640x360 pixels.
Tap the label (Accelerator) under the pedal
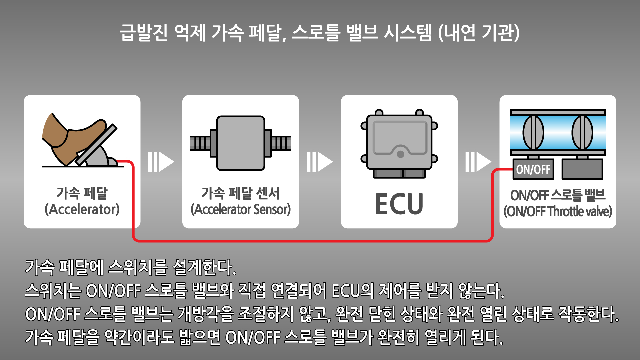[82, 209]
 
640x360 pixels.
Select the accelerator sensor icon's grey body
[240, 143]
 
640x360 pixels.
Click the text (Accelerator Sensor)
[240, 209]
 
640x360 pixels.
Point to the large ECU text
[399, 204]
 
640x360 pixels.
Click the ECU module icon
[399, 143]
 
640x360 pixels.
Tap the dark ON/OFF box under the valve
[533, 169]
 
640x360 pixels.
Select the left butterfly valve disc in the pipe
[533, 132]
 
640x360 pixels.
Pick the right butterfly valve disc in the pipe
[582, 132]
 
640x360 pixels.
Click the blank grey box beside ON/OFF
[582, 169]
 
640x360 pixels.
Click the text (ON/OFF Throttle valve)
[558, 211]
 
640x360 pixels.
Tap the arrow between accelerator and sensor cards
[161, 162]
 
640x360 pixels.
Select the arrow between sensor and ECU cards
[320, 162]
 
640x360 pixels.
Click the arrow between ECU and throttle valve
[478, 162]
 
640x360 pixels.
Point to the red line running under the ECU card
[399, 240]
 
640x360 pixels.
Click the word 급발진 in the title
[144, 33]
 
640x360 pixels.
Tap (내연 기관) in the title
[479, 33]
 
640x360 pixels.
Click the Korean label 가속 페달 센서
[240, 193]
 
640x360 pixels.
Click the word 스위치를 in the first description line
[138, 267]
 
